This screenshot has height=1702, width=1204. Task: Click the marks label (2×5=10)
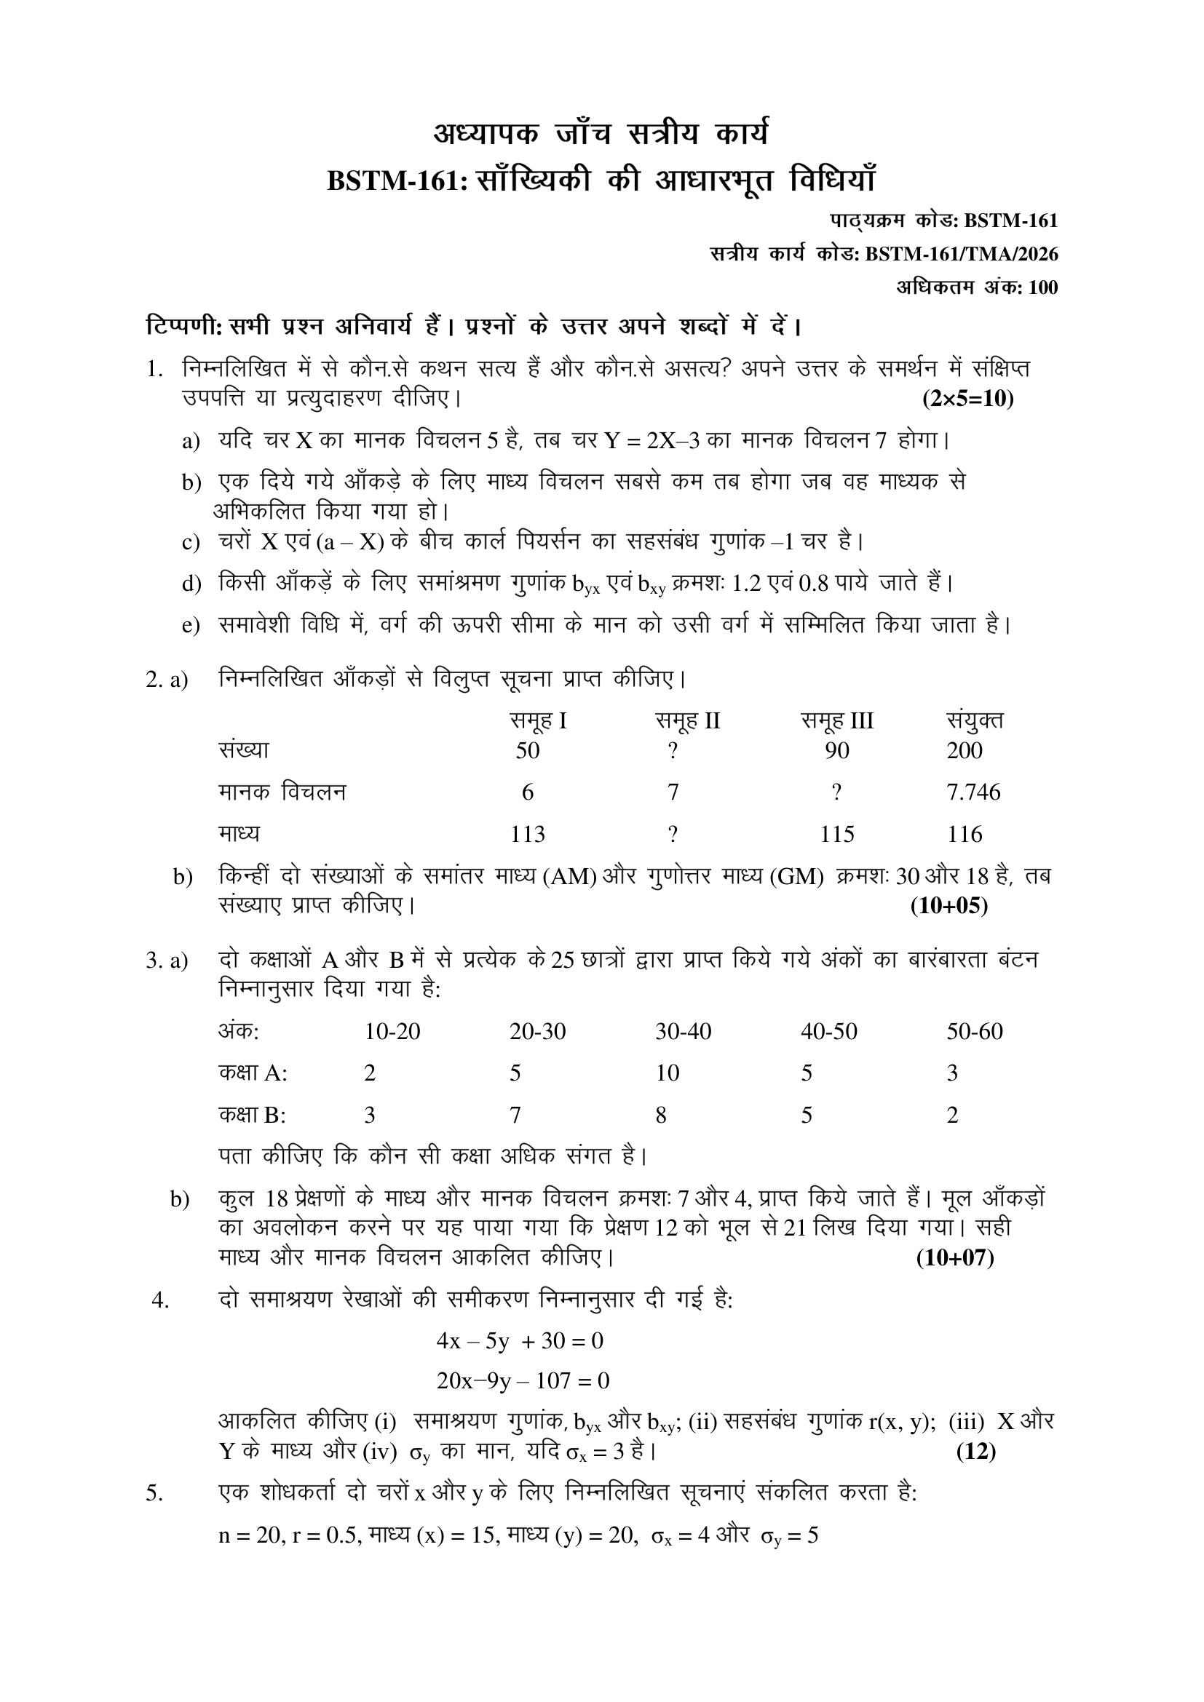[x=967, y=399]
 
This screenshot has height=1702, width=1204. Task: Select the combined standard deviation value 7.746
[x=973, y=792]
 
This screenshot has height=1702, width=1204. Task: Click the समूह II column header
[x=687, y=720]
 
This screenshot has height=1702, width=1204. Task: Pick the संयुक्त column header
[x=975, y=720]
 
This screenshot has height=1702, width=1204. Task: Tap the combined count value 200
[x=964, y=751]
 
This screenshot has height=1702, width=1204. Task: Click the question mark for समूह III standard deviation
[x=836, y=792]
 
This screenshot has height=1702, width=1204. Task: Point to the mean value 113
[x=527, y=835]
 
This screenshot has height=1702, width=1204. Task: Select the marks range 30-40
[x=683, y=1031]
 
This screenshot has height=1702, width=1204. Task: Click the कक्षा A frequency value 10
[x=668, y=1073]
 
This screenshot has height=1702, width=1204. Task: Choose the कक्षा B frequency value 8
[x=660, y=1116]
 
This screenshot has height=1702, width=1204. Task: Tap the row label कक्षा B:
[x=252, y=1116]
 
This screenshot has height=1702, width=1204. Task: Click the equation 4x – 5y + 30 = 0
[x=520, y=1341]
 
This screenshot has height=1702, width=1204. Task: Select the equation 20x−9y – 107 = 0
[x=523, y=1380]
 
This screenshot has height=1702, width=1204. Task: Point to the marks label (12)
[x=975, y=1452]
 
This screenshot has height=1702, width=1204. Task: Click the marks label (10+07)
[x=955, y=1258]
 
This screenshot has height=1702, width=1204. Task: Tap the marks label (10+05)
[x=949, y=906]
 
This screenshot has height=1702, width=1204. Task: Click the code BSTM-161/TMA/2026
[x=962, y=254]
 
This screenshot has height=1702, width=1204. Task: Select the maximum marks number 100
[x=1043, y=287]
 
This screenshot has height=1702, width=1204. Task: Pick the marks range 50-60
[x=974, y=1031]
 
